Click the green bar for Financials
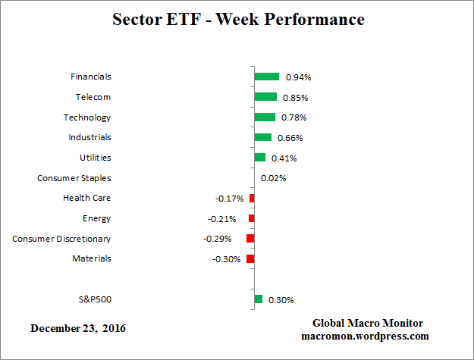(267, 77)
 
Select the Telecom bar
(265, 97)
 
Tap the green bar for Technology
(265, 117)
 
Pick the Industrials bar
(263, 137)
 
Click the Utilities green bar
(260, 158)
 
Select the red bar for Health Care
(252, 198)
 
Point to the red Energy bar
(252, 218)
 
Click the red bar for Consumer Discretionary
(250, 239)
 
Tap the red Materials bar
(250, 258)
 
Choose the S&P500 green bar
(259, 299)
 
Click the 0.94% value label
(297, 77)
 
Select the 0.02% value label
(273, 178)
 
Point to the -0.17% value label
(229, 199)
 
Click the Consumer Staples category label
(74, 178)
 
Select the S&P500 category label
(95, 299)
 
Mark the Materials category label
(92, 258)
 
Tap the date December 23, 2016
(78, 328)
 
